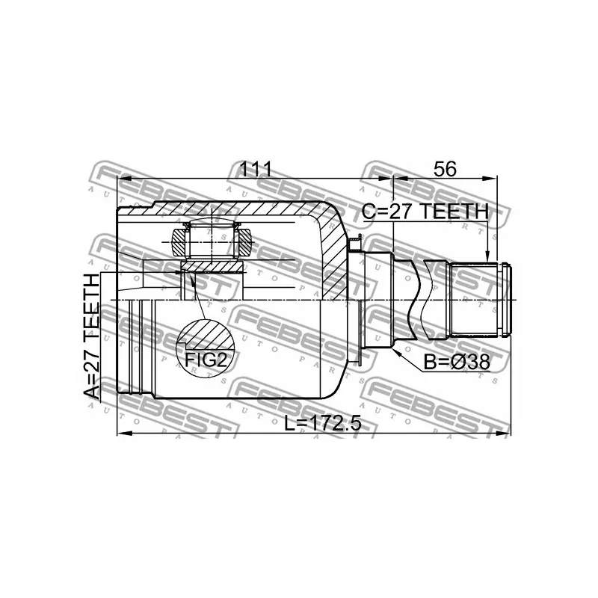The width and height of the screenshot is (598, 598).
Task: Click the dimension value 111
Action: click(255, 169)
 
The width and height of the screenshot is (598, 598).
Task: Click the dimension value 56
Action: click(445, 169)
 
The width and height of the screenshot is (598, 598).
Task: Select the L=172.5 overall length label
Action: click(323, 422)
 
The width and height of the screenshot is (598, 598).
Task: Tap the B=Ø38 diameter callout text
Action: click(457, 362)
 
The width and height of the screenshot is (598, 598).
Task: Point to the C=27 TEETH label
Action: click(425, 212)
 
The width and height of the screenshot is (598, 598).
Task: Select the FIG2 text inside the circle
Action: click(206, 360)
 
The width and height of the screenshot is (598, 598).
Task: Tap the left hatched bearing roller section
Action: click(179, 242)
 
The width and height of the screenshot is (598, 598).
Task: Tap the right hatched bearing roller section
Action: click(245, 242)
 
